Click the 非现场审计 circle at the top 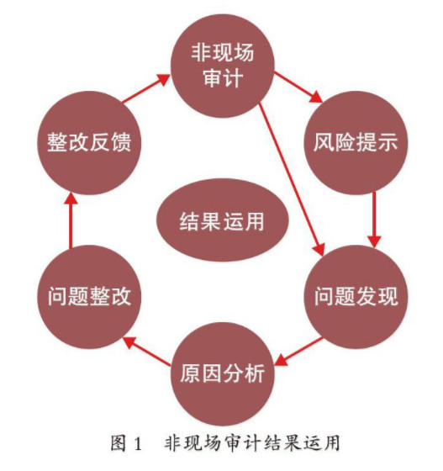(223, 66)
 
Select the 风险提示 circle (356, 143)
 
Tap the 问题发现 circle (356, 297)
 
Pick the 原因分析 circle (223, 374)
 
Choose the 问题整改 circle (89, 297)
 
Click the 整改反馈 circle (89, 143)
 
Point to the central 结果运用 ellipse (223, 220)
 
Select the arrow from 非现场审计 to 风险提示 (298, 87)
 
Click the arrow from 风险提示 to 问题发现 (374, 220)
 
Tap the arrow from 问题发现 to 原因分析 (299, 352)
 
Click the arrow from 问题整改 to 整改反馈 (71, 220)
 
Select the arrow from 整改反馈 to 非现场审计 (146, 88)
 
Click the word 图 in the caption (119, 443)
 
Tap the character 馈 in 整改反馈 (121, 142)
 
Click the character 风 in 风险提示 (324, 142)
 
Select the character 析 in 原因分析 (255, 373)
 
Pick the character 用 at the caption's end (332, 443)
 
